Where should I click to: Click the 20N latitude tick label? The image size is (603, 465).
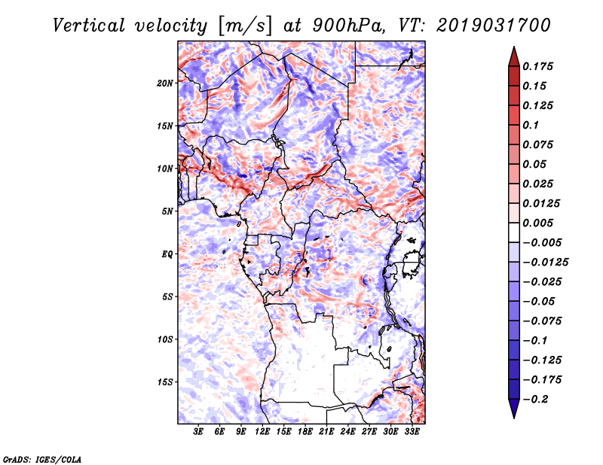click(x=165, y=83)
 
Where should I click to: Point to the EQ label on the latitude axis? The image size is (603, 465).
click(x=167, y=254)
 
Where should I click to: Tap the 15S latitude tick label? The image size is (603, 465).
click(x=165, y=382)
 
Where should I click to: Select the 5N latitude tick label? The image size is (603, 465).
click(x=167, y=211)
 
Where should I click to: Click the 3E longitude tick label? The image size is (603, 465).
click(x=199, y=432)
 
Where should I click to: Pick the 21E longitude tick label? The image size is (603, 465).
click(x=326, y=432)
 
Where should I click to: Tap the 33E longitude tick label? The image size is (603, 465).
click(x=412, y=432)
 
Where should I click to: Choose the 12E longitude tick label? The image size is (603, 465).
click(x=263, y=432)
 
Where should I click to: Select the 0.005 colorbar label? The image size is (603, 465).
click(x=540, y=223)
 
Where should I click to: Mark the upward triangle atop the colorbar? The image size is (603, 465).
click(x=513, y=56)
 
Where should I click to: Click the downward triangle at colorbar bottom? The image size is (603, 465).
click(x=513, y=409)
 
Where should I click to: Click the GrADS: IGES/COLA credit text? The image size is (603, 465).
click(x=41, y=458)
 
